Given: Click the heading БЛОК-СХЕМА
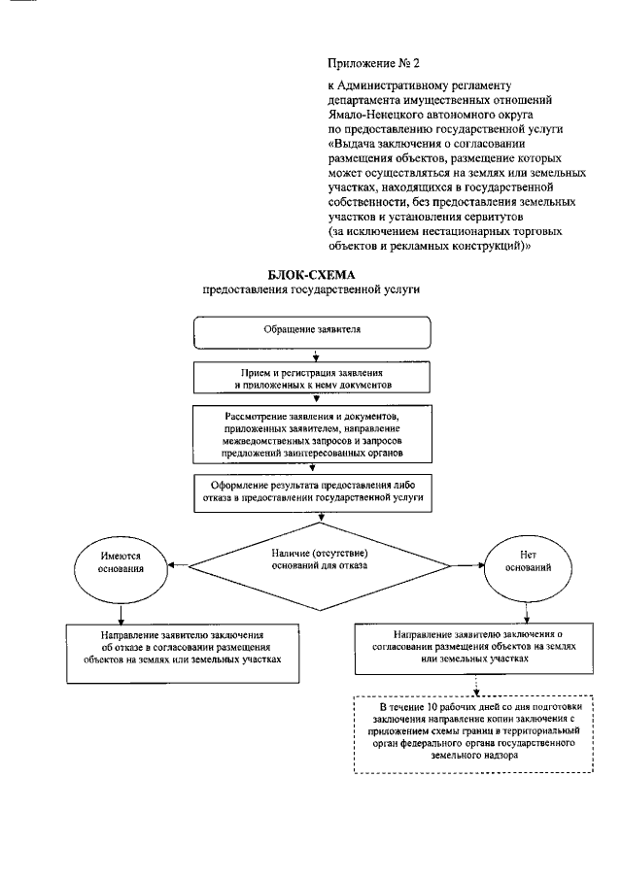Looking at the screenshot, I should (x=313, y=275).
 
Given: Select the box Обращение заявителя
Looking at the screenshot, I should (x=312, y=330).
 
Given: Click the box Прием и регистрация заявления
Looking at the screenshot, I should (x=312, y=379).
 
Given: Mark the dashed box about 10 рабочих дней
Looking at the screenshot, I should (x=475, y=734).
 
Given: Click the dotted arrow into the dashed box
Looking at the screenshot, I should (x=475, y=686).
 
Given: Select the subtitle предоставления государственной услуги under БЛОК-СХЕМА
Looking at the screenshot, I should (x=313, y=289).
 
